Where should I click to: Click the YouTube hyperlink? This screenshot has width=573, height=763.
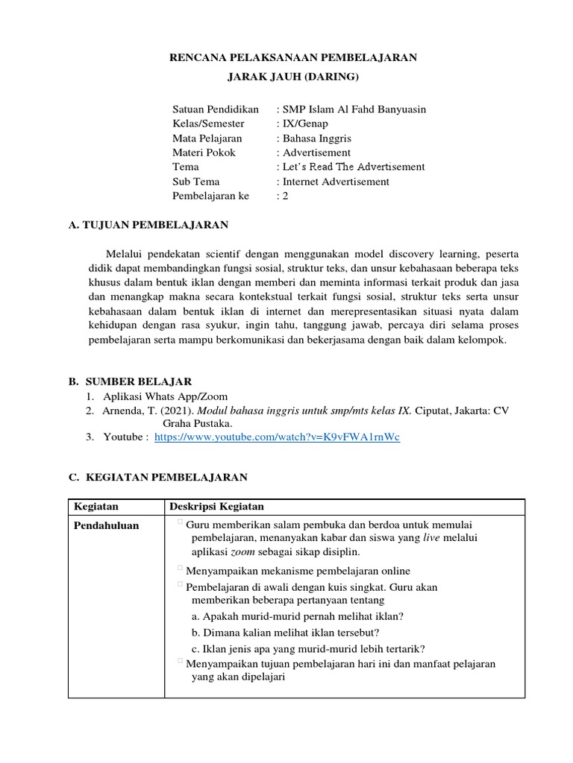pyautogui.click(x=277, y=437)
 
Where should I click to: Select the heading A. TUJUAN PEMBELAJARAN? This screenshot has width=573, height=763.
pyautogui.click(x=148, y=224)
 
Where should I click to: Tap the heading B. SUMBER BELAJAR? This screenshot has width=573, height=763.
pyautogui.click(x=131, y=381)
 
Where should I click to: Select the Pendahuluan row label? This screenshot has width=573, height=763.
pyautogui.click(x=106, y=525)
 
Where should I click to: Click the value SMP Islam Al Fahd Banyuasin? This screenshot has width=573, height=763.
pyautogui.click(x=354, y=110)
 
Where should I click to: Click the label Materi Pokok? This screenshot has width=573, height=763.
pyautogui.click(x=204, y=153)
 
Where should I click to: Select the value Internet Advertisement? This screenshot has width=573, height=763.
pyautogui.click(x=335, y=181)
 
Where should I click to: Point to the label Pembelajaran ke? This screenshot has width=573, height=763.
pyautogui.click(x=211, y=196)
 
